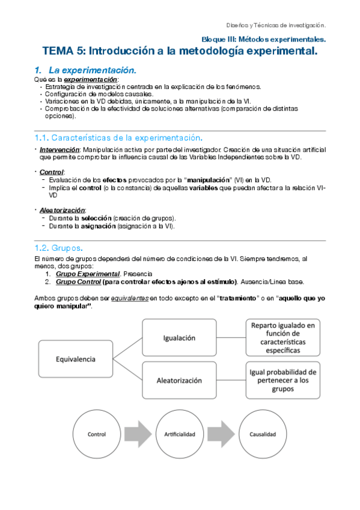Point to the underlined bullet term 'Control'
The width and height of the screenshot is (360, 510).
pyautogui.click(x=51, y=173)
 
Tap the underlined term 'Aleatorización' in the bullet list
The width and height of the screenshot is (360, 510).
pyautogui.click(x=63, y=210)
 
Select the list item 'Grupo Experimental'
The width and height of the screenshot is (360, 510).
pyautogui.click(x=84, y=274)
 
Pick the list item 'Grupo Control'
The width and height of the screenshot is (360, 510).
pyautogui.click(x=78, y=281)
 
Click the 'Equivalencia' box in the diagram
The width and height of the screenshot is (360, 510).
pyautogui.click(x=76, y=359)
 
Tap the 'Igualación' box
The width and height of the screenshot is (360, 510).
pyautogui.click(x=179, y=337)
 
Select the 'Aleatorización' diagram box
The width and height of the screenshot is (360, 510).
pyautogui.click(x=179, y=380)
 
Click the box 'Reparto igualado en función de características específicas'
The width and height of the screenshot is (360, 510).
pyautogui.click(x=282, y=337)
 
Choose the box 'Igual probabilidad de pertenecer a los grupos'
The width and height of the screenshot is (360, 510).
pyautogui.click(x=282, y=380)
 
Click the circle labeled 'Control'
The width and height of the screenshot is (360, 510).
pyautogui.click(x=97, y=434)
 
